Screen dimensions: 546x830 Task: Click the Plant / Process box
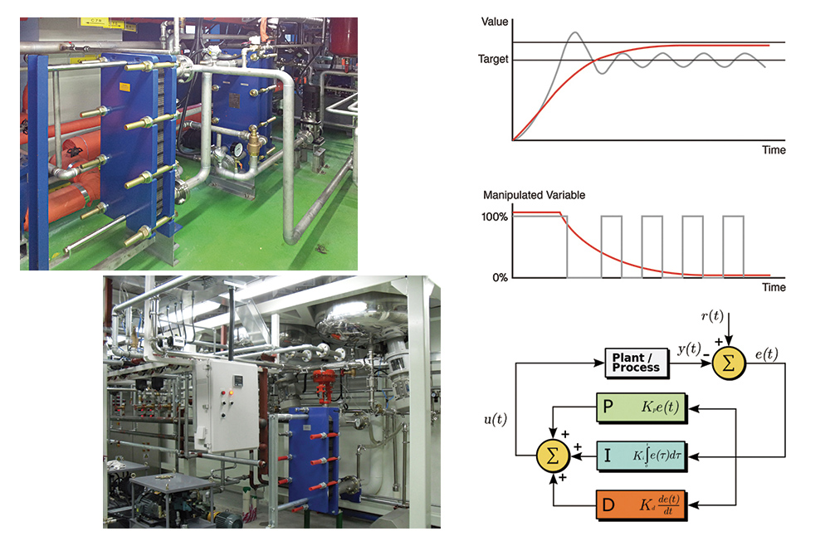[x=636, y=363]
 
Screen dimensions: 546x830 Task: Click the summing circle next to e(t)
[x=727, y=363]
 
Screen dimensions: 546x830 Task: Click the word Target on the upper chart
[x=493, y=60]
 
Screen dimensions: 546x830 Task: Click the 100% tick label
[x=495, y=217]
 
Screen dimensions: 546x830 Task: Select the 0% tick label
[x=498, y=277]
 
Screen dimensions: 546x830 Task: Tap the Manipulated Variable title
[x=535, y=196]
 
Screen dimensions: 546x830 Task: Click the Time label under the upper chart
[x=774, y=150]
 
